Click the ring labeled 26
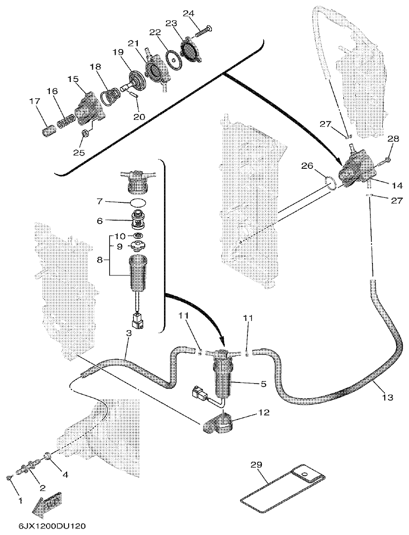click(x=332, y=183)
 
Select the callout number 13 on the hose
click(x=388, y=397)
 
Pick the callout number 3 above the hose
click(x=128, y=334)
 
